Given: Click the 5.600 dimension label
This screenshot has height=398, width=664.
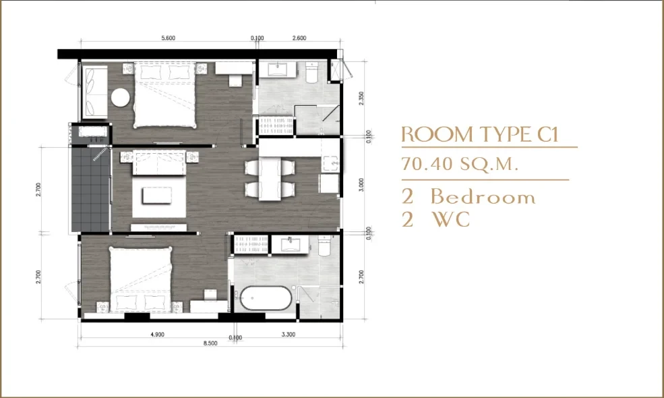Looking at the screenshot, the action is pyautogui.click(x=168, y=38).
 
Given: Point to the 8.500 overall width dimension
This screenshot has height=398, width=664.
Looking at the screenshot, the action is pyautogui.click(x=210, y=343).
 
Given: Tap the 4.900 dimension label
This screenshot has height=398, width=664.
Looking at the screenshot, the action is pyautogui.click(x=157, y=335).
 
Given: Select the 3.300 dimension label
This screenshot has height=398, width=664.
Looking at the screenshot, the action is pyautogui.click(x=289, y=335).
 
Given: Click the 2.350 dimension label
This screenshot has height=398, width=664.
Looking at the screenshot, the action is pyautogui.click(x=361, y=98).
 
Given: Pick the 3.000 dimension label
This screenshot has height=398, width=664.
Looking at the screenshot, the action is pyautogui.click(x=361, y=185).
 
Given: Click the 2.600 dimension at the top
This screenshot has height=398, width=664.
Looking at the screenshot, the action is pyautogui.click(x=299, y=38).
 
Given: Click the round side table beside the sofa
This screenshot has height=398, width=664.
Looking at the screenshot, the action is pyautogui.click(x=121, y=98).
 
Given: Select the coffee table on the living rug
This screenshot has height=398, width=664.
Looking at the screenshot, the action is pyautogui.click(x=157, y=196).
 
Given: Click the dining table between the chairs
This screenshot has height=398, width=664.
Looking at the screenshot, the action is pyautogui.click(x=270, y=179).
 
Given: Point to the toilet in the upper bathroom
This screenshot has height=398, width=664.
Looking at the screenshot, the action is pyautogui.click(x=311, y=72).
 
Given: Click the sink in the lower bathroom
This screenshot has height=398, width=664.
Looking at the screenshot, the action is pyautogui.click(x=290, y=244).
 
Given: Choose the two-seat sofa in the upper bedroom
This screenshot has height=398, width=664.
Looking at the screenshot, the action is pyautogui.click(x=94, y=92).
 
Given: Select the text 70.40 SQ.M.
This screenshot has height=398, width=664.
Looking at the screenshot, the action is pyautogui.click(x=460, y=164).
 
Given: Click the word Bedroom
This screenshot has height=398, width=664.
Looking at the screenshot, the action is pyautogui.click(x=483, y=197).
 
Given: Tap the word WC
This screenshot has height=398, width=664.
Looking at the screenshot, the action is pyautogui.click(x=450, y=219).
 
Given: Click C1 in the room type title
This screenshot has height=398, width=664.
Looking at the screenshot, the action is pyautogui.click(x=549, y=134).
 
